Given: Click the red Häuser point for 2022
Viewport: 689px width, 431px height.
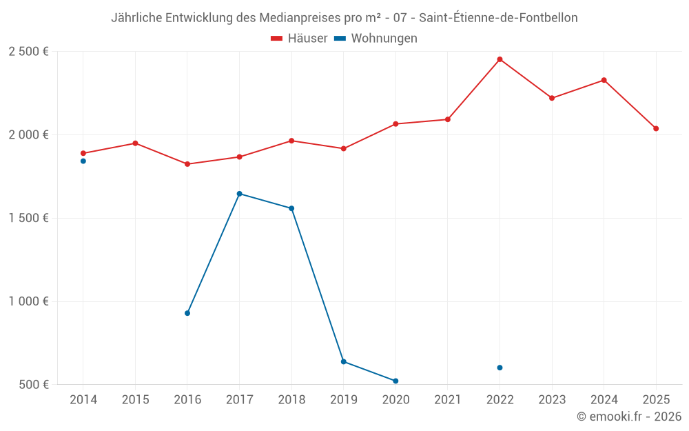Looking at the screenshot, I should pos(500,59).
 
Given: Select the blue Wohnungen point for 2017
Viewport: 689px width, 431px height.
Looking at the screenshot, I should pos(239,194).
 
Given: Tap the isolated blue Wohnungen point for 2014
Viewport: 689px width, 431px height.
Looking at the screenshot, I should pos(83,161).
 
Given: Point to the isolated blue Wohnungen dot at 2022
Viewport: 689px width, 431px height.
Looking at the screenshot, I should pos(500,368).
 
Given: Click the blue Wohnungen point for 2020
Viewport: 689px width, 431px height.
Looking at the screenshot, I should pos(395,381).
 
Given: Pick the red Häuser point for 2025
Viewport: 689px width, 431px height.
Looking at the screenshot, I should pos(656,129).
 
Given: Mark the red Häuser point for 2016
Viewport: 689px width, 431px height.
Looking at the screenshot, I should pos(187,164).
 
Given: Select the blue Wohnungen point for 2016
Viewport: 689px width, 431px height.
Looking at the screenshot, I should pos(187,313).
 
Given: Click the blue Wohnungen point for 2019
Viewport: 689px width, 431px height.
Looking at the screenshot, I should pos(343,361).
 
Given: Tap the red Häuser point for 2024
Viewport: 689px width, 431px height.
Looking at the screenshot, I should pos(604,80).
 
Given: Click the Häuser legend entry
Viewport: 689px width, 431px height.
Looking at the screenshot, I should pos(299,39).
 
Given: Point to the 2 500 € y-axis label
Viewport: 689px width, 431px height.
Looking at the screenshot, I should pos(28,52).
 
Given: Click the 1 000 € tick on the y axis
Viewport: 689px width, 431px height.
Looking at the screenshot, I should pos(28,301).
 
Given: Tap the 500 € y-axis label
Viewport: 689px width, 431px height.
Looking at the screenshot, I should pos(33,385).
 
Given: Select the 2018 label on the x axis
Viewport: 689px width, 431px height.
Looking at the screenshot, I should pos(291,400).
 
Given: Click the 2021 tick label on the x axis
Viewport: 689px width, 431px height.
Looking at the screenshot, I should pos(447,400).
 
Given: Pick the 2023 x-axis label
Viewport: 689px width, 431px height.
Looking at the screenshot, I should pos(552,400).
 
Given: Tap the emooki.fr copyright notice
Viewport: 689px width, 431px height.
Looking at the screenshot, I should pos(628,417).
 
